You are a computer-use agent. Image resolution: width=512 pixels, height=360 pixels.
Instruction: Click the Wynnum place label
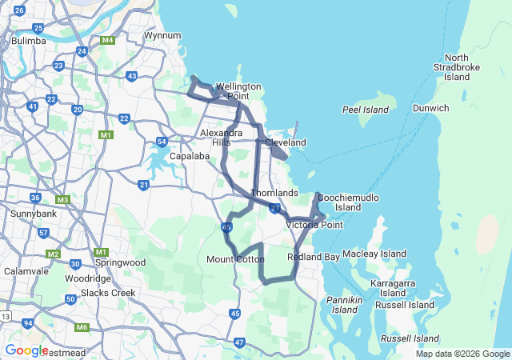coord(162,35)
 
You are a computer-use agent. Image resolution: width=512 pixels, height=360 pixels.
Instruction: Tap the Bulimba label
coord(27,39)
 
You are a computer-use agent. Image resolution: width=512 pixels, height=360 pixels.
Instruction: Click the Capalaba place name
coord(188,156)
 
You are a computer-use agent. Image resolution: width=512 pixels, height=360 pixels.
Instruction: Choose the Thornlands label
coord(274,193)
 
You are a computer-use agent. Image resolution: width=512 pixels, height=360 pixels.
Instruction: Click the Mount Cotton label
coord(235,259)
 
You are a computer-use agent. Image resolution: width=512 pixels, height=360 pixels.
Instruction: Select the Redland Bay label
coord(313,257)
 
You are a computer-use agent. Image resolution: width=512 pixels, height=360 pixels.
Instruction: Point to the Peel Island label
coord(365,109)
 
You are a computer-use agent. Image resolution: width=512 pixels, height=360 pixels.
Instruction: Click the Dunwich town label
coord(431,108)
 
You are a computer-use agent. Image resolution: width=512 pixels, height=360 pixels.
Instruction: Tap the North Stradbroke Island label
coord(457,67)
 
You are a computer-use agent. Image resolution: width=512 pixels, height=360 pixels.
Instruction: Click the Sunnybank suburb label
coord(31,214)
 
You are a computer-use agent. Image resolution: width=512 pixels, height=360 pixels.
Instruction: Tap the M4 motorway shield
coord(107,40)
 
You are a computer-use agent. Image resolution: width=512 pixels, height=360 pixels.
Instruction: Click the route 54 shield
coord(162,142)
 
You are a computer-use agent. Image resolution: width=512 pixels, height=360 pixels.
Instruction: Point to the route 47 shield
coord(240,342)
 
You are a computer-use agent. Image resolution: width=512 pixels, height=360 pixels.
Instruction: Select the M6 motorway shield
coord(82,327)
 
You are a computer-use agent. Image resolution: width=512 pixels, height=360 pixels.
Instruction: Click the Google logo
coord(26,350)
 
